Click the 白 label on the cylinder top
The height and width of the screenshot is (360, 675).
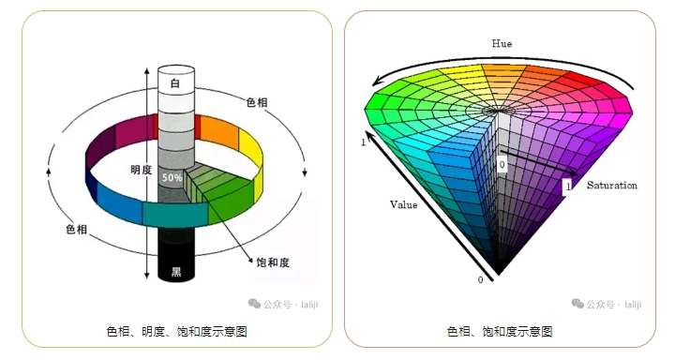point(174,83)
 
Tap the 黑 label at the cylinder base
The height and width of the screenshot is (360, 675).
point(174,273)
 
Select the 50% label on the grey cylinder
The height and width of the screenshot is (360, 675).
point(172,176)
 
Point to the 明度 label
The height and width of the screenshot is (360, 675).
point(142,170)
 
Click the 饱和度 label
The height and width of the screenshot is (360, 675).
point(273,262)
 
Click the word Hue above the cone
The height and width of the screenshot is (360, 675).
point(502,43)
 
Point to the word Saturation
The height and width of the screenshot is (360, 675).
point(611,186)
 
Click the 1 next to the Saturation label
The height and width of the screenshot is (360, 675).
point(567,187)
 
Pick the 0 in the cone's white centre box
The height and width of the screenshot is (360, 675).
point(502,164)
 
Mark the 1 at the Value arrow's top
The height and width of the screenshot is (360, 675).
point(363,142)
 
